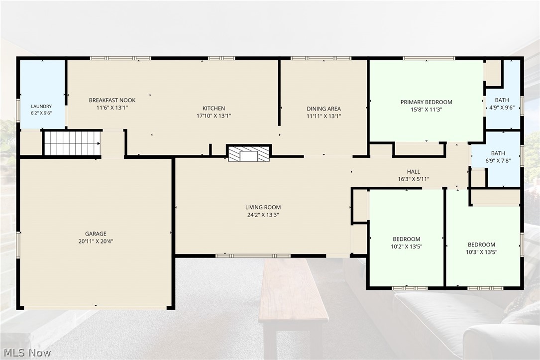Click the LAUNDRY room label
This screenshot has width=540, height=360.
[x=41, y=107]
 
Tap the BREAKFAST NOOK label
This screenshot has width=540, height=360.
[x=112, y=100]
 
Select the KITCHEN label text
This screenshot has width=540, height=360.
[x=214, y=108]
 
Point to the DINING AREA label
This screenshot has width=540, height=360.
[x=324, y=109]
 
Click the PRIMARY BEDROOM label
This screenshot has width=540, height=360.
[x=427, y=102]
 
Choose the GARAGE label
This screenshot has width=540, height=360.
[x=96, y=234]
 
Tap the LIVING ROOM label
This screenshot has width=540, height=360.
[x=263, y=207]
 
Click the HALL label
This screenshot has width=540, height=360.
[x=414, y=172]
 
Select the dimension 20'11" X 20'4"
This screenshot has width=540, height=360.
[x=96, y=241]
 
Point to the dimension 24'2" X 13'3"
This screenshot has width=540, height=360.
[x=263, y=215]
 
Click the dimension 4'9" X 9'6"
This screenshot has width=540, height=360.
[x=502, y=108]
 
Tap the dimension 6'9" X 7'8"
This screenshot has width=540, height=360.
[x=498, y=160]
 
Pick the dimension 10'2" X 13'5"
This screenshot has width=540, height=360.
[x=407, y=246]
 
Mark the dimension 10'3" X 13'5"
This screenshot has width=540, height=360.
[x=481, y=252]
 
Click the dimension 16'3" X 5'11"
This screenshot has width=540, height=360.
[x=414, y=179]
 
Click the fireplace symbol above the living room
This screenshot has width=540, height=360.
[x=249, y=153]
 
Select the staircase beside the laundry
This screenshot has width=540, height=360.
[x=72, y=142]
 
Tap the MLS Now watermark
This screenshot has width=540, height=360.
[x=27, y=353]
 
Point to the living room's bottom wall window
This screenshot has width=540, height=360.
[x=253, y=256]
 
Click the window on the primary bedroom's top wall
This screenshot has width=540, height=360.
[x=429, y=58]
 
